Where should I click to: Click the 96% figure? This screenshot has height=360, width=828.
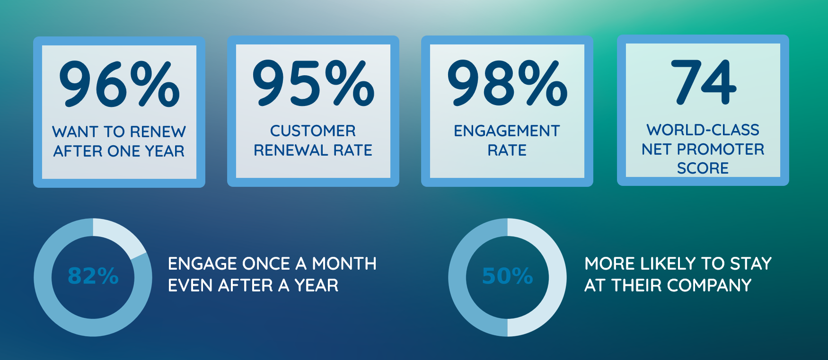tap(119, 84)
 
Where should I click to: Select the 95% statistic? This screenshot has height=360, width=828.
tap(313, 83)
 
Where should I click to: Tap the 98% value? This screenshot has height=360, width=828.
tap(507, 83)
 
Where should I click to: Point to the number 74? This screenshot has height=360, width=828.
tap(704, 82)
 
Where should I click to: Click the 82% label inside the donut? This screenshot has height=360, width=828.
tap(93, 276)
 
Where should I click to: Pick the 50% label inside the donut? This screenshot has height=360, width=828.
tap(507, 276)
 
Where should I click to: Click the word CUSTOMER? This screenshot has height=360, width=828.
tap(313, 131)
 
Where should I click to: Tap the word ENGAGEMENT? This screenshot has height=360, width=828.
tap(507, 131)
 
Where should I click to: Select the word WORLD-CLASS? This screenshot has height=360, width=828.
tap(703, 130)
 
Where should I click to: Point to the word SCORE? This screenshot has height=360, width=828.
tap(703, 168)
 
